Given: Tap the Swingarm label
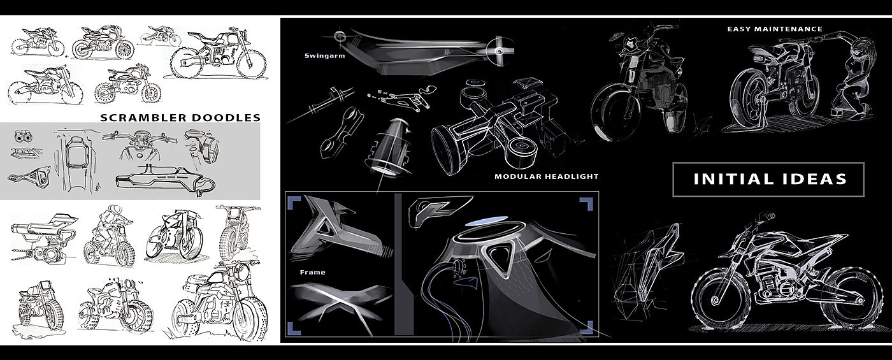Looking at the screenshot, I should coord(323,55).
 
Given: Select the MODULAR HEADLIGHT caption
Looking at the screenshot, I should coord(547,176).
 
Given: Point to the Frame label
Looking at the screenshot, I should coord(312,273).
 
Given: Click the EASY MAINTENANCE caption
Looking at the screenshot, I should coord(775,29).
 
